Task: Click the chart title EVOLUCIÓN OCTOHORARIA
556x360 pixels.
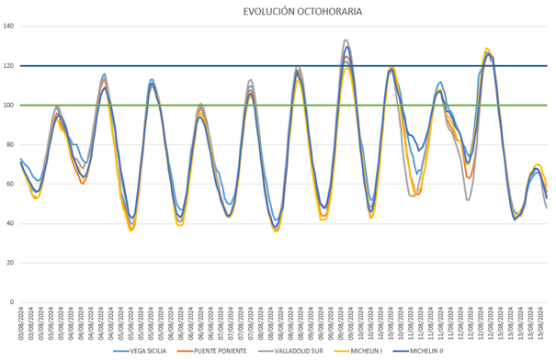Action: point(289,12)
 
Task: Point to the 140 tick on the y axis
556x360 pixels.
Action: point(9,27)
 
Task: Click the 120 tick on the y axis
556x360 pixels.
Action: point(9,66)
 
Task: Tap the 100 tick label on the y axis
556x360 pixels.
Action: point(9,106)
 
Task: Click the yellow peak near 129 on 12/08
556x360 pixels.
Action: point(487,49)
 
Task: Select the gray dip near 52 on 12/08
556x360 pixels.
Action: point(467,199)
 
